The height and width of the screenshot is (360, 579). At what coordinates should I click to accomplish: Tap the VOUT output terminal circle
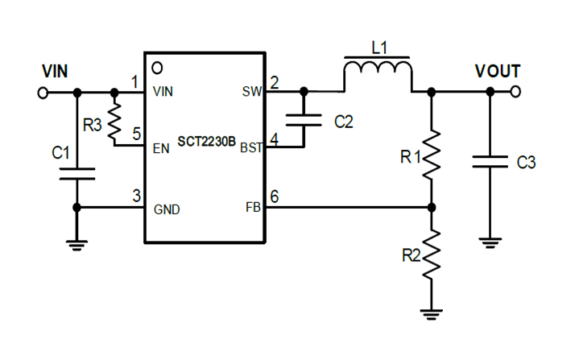(515, 92)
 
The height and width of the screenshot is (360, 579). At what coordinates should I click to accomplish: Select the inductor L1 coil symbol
(378, 74)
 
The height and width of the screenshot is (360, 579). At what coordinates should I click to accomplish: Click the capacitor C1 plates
(77, 174)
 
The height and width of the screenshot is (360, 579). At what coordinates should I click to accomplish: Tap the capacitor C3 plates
(489, 161)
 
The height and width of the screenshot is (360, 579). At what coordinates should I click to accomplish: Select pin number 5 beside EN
(137, 134)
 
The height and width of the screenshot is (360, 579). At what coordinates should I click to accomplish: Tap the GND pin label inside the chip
(167, 209)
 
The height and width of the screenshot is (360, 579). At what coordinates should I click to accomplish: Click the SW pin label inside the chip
(251, 91)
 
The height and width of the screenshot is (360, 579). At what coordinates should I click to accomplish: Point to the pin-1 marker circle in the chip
(158, 66)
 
